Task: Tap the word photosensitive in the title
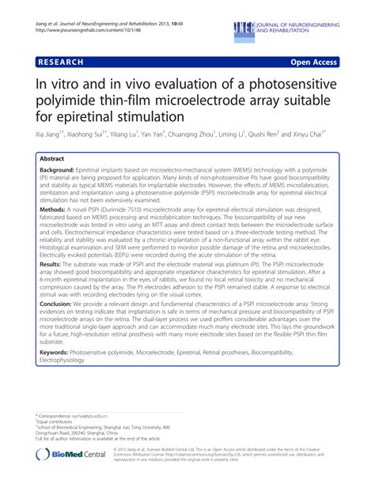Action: tap(282, 82)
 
